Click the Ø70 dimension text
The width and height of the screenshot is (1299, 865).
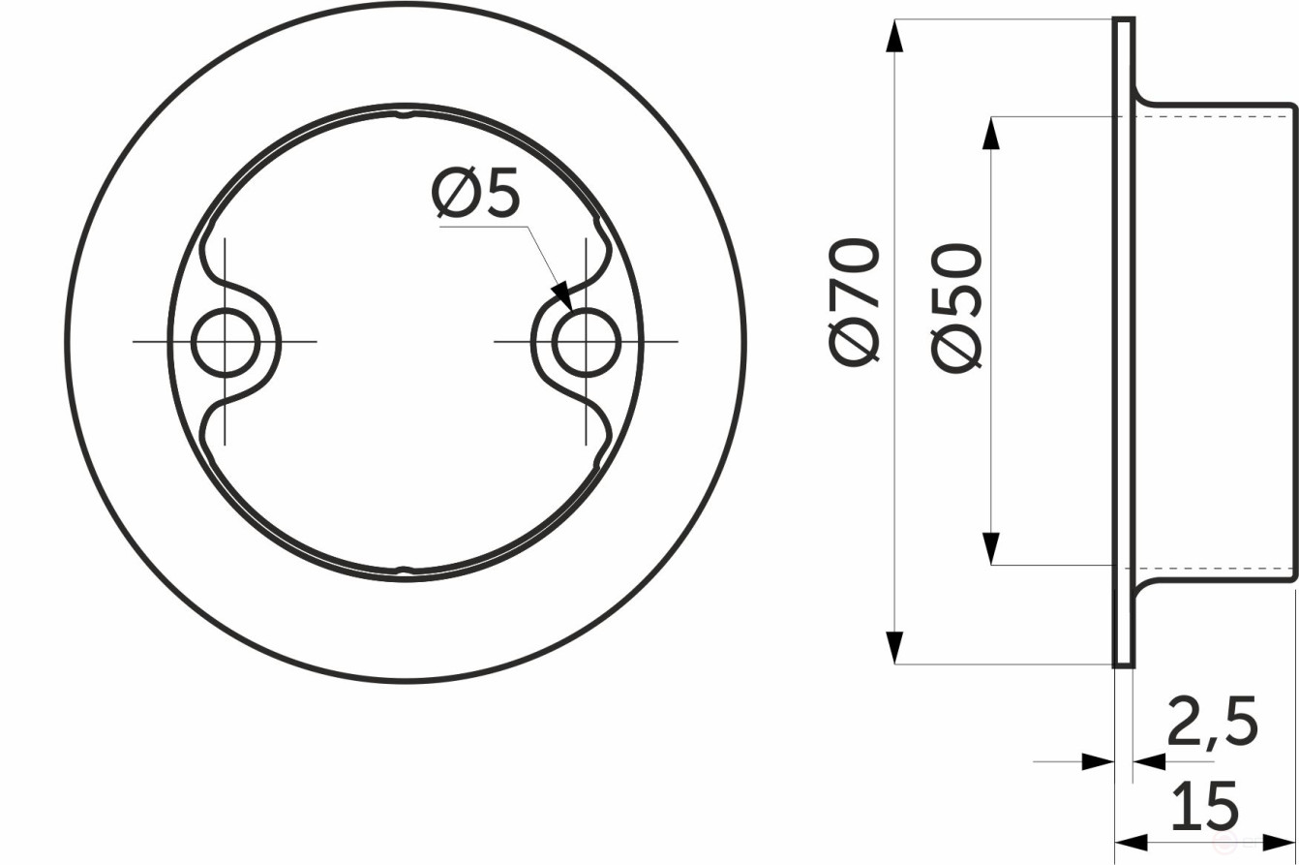click(855, 301)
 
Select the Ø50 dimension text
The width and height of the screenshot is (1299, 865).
click(958, 308)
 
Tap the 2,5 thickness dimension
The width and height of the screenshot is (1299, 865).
click(1212, 722)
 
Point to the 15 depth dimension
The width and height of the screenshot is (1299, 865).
click(1204, 807)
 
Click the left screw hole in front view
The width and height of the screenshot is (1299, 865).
click(226, 342)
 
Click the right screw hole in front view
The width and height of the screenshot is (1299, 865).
click(586, 342)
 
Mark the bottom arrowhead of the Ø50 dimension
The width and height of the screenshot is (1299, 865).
click(990, 548)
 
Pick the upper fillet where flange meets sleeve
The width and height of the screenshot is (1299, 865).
click(1143, 97)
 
